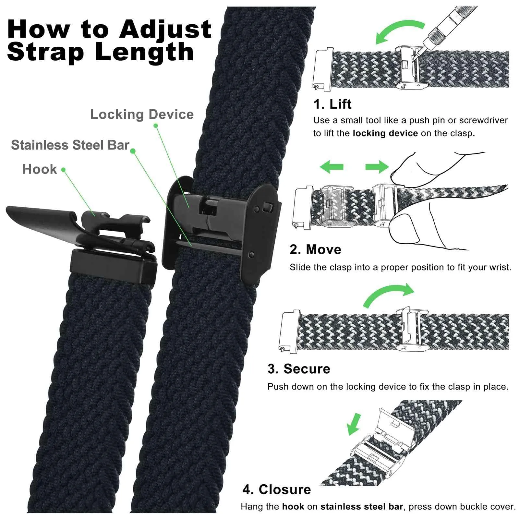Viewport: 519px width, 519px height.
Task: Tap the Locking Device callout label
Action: tap(142, 114)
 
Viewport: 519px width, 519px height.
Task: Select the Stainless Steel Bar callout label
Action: tap(70, 145)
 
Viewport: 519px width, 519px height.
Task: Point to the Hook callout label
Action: tap(40, 169)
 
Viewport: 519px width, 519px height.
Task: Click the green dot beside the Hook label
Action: tap(63, 170)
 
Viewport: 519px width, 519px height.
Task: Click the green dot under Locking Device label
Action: tap(156, 126)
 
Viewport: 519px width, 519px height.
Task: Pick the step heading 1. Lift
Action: tap(332, 104)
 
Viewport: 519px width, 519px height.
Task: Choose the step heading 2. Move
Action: tap(315, 249)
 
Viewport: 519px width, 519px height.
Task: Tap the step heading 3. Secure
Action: tap(299, 369)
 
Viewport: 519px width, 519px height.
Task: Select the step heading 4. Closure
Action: tap(277, 489)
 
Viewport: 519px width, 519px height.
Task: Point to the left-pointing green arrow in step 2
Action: tap(332, 167)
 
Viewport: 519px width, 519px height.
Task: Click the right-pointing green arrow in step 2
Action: tap(377, 167)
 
